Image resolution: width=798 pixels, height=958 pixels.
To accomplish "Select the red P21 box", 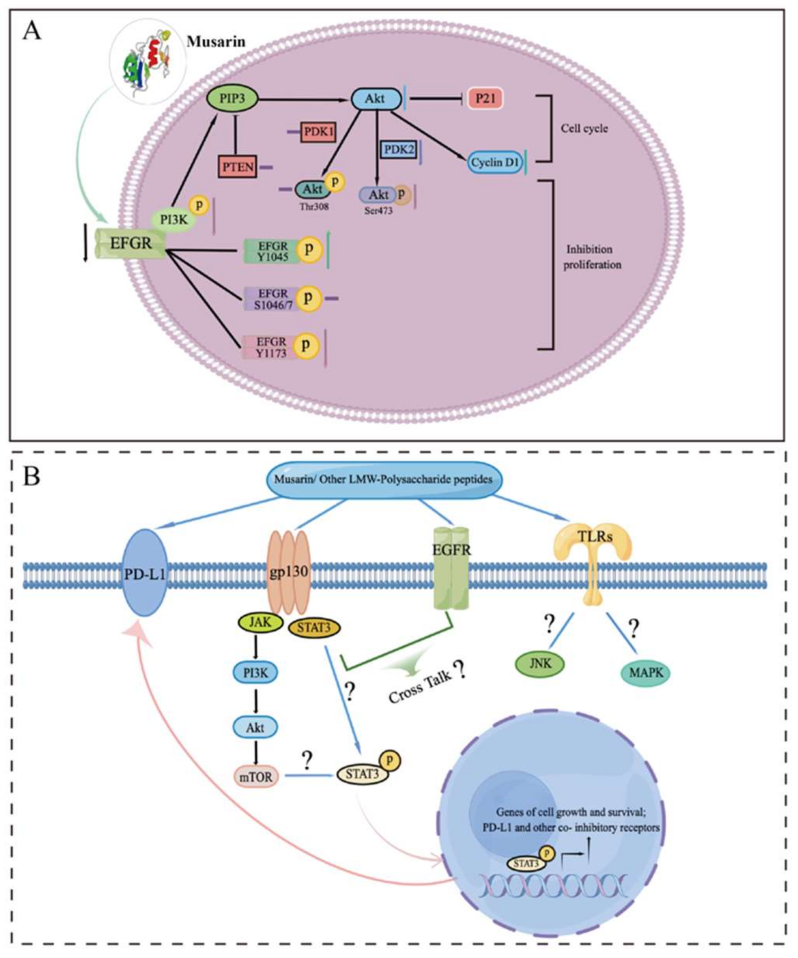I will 485,98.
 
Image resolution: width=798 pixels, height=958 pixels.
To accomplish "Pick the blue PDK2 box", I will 398,150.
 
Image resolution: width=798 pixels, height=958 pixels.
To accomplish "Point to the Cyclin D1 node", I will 495,163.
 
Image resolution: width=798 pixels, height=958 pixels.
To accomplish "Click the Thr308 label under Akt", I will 313,207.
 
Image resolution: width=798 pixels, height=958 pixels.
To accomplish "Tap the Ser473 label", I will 378,211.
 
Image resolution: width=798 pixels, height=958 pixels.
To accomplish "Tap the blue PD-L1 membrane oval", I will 145,573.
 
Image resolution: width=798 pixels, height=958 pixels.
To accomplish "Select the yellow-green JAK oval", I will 260,623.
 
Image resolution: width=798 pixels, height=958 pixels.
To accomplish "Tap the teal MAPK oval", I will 645,672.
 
